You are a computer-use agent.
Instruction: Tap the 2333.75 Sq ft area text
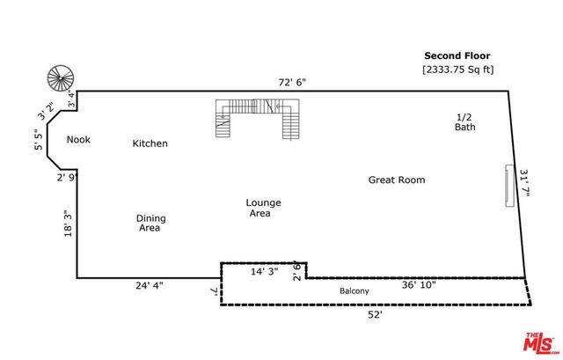click(457, 69)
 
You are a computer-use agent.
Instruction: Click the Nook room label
click(78, 139)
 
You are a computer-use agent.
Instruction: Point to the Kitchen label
click(150, 143)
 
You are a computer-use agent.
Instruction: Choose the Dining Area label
click(150, 223)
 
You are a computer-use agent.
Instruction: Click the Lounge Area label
click(263, 208)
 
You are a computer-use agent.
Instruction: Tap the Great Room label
click(396, 180)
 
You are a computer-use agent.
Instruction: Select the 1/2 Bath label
click(464, 122)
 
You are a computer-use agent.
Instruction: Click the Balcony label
click(355, 291)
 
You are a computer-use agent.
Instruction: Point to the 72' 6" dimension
click(292, 82)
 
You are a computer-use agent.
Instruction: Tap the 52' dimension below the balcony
click(376, 313)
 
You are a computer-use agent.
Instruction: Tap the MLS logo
click(541, 343)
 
